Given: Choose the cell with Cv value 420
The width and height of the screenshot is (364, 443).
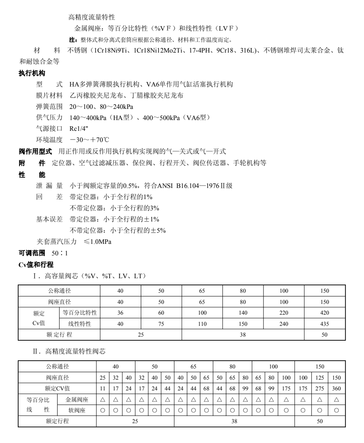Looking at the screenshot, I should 325,313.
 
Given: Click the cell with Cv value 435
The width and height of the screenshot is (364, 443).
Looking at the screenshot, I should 325,324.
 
